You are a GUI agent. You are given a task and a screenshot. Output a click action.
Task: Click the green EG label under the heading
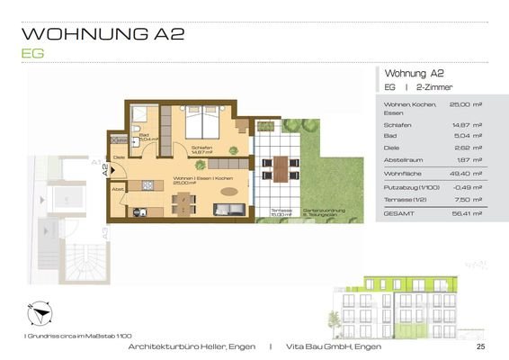tap(31, 53)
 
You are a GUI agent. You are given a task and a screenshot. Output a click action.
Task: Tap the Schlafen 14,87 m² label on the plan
tap(201, 150)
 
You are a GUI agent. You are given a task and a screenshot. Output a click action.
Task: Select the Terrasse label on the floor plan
tap(281, 210)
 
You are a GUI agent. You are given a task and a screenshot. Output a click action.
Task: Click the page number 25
tap(480, 346)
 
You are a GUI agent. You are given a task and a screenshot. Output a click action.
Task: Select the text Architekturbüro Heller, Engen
tap(192, 346)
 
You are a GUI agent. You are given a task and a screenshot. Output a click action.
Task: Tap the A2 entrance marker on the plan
tap(105, 168)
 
